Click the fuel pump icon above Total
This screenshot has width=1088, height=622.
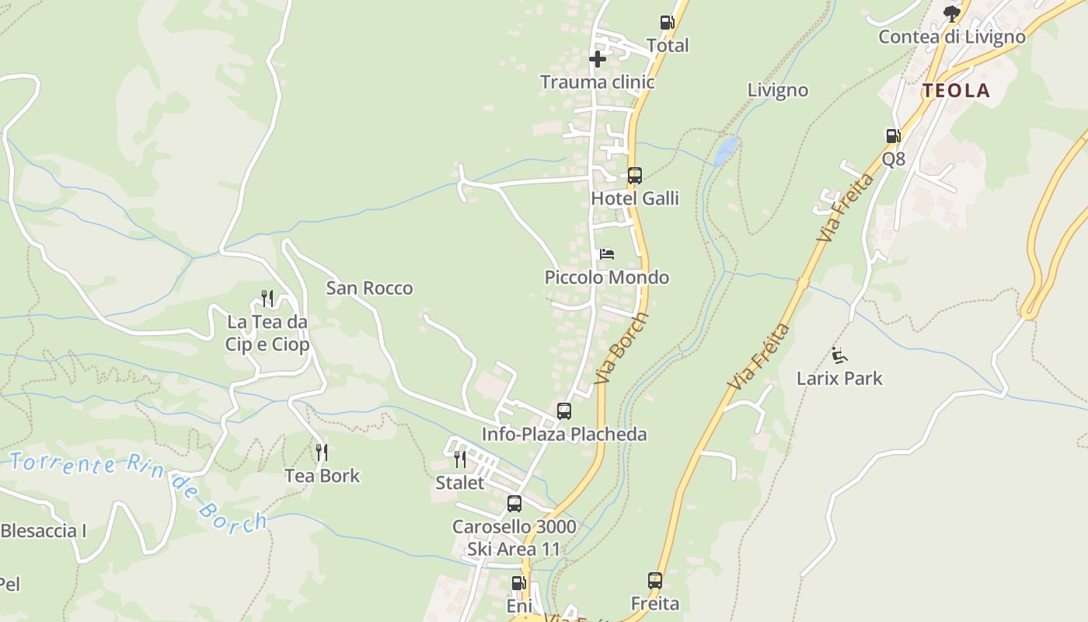tap(667, 23)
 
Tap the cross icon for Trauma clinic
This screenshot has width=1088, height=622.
tap(597, 59)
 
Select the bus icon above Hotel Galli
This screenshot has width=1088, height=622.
tap(635, 176)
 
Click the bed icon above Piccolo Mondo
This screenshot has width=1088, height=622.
tap(607, 254)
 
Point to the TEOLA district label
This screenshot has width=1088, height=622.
tap(956, 91)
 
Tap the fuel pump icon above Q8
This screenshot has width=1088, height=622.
tap(894, 136)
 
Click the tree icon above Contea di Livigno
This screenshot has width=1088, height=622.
tap(951, 14)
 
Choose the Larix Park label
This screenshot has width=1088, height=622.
tap(839, 379)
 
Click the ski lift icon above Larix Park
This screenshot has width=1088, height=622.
tap(839, 355)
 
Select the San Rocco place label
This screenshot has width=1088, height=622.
tap(369, 288)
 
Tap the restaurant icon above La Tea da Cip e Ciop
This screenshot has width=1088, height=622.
tap(267, 298)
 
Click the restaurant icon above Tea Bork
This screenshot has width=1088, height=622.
tap(321, 452)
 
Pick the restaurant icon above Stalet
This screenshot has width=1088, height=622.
tap(460, 459)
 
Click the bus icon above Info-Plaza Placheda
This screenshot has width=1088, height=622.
tap(564, 411)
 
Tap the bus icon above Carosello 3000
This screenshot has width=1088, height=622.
tap(514, 504)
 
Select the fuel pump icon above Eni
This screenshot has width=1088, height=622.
tap(518, 582)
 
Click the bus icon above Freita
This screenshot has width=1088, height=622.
tap(655, 580)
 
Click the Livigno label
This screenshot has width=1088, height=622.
tap(777, 90)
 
